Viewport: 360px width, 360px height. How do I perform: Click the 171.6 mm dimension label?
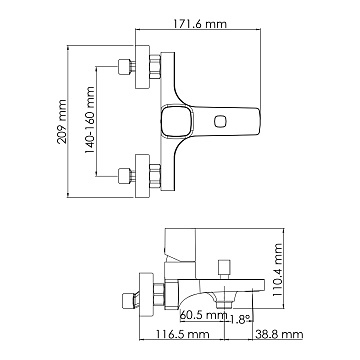tap(199, 24)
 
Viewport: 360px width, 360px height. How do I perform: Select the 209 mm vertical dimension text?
tap(62, 121)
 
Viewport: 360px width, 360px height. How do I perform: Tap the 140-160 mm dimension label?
tap(89, 120)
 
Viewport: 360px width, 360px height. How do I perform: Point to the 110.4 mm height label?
tap(277, 270)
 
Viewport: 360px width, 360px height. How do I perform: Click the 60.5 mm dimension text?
tap(204, 315)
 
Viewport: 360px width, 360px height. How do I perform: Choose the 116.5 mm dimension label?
tap(183, 334)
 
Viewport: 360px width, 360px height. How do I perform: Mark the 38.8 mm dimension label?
tap(279, 334)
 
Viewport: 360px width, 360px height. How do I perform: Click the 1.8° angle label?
tap(240, 320)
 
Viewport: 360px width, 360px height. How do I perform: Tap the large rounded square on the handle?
tap(176, 121)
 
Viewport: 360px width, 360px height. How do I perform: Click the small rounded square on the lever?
tap(221, 121)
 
